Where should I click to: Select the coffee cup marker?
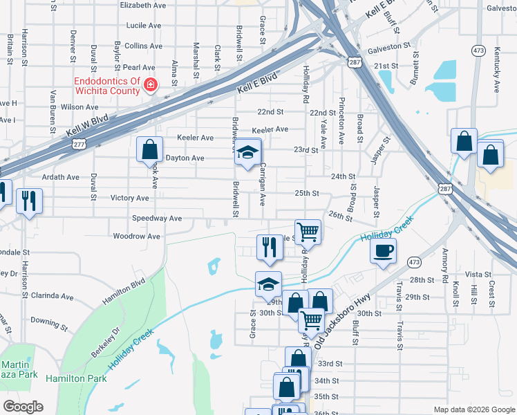pyautogui.click(x=383, y=251)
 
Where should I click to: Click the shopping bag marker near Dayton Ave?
pyautogui.click(x=149, y=149)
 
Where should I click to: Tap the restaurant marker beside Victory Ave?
pyautogui.click(x=28, y=201)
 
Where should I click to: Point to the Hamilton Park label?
pyautogui.click(x=76, y=379)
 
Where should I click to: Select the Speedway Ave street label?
pyautogui.click(x=158, y=219)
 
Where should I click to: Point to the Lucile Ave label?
pyautogui.click(x=144, y=26)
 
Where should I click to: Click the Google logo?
pyautogui.click(x=23, y=407)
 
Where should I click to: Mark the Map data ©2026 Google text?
pyautogui.click(x=473, y=409)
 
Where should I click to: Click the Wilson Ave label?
pyautogui.click(x=79, y=107)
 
